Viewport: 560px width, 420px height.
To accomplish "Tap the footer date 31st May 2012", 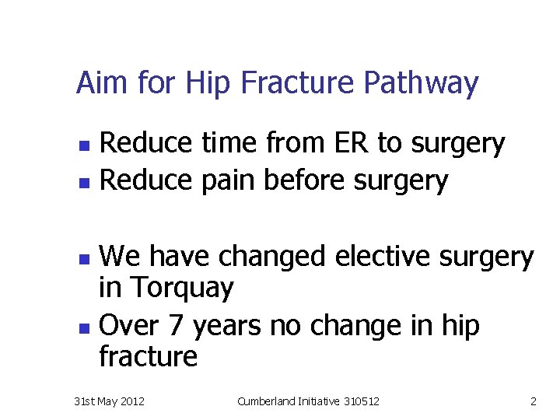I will (108, 401).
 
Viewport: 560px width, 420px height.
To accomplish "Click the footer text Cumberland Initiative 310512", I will (309, 401).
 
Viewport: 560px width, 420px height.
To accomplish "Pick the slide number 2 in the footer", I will (533, 401).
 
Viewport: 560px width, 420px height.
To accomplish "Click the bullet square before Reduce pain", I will (86, 183).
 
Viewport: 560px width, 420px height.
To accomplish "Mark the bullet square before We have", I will (87, 257).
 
